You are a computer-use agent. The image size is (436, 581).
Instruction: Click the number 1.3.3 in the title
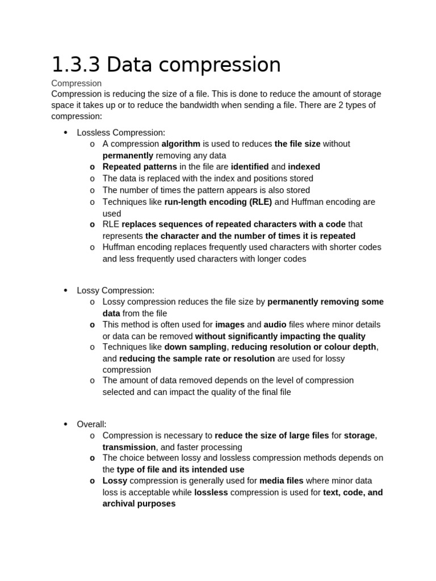(x=76, y=65)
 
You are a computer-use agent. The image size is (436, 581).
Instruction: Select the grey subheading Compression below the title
(x=76, y=83)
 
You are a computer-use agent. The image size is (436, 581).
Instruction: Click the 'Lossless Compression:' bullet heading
(x=121, y=132)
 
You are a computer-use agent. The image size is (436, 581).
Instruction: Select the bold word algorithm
(x=181, y=144)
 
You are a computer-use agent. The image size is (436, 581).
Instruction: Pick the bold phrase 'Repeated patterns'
(x=140, y=167)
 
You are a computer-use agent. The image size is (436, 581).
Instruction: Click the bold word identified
(x=250, y=167)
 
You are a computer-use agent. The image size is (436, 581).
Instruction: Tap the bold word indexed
(x=304, y=167)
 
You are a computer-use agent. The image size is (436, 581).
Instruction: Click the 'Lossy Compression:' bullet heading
(x=115, y=290)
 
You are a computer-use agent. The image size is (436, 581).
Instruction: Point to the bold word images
(x=229, y=325)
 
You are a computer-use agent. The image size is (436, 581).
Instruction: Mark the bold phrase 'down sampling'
(x=196, y=347)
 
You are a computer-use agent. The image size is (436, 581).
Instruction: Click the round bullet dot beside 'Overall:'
(x=65, y=424)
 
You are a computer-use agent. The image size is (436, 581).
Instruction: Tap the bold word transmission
(x=129, y=447)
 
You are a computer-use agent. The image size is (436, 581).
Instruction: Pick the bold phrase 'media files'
(x=281, y=481)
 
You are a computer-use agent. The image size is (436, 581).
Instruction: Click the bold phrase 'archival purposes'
(x=139, y=503)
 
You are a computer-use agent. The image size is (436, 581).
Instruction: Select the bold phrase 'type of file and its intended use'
(x=181, y=469)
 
